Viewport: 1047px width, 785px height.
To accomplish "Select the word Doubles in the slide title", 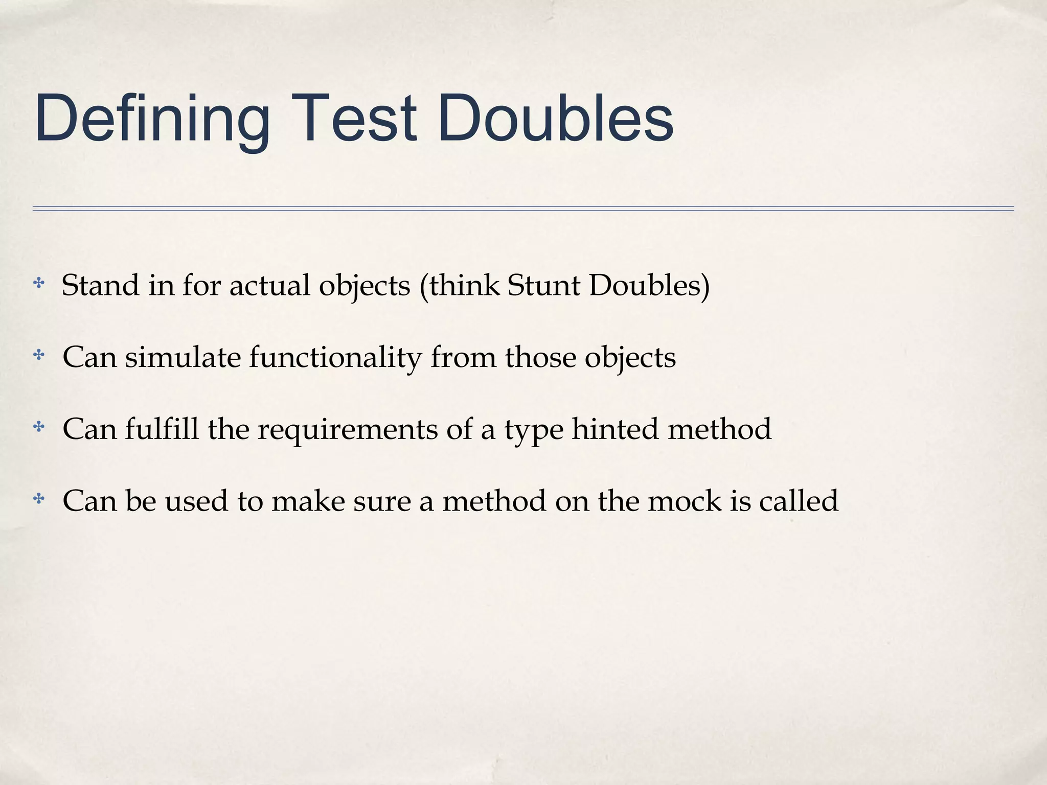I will pyautogui.click(x=555, y=119).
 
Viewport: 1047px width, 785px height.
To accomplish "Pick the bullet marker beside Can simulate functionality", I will pyautogui.click(x=39, y=355).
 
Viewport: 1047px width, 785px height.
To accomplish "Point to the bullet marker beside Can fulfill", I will pyautogui.click(x=39, y=427).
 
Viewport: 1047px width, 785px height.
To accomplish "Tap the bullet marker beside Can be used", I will pyautogui.click(x=39, y=499).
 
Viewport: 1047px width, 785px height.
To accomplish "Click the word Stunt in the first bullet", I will pyautogui.click(x=544, y=285).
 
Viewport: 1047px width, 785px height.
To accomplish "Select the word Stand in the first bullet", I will pyautogui.click(x=100, y=285).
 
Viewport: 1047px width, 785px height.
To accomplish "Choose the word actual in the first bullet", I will pyautogui.click(x=269, y=285).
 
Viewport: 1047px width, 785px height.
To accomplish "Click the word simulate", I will pyautogui.click(x=183, y=357).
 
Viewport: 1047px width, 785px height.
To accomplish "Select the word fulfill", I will pyautogui.click(x=162, y=429).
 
